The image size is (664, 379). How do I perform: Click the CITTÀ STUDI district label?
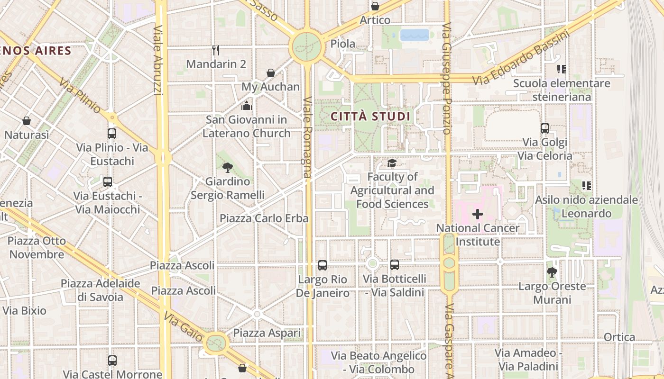370,116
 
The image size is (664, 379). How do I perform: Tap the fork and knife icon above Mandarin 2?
216,50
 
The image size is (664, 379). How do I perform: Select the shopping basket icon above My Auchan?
271,73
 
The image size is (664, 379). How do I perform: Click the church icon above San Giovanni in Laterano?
247,105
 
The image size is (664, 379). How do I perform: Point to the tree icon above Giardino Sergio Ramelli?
227,167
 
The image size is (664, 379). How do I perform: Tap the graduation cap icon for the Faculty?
392,163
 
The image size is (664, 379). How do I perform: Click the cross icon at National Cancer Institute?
478,214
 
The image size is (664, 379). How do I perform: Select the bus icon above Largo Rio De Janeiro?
323,265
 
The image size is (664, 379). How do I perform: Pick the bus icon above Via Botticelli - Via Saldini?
395,265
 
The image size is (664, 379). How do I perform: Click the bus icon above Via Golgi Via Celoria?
545,128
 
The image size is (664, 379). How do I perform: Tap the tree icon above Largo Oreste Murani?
552,272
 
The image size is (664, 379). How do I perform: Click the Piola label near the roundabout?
342,44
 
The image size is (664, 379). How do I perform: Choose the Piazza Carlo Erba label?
264,218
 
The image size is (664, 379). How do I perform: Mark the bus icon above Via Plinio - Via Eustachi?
112,134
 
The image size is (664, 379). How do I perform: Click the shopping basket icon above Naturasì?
27,121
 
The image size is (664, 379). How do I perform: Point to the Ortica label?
619,337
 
